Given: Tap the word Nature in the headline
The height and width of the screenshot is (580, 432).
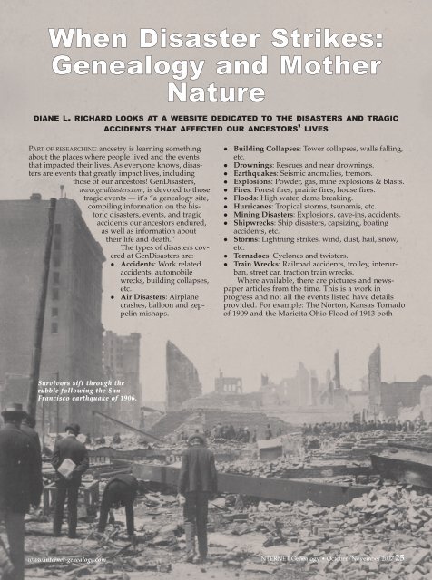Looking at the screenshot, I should tap(216, 92).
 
